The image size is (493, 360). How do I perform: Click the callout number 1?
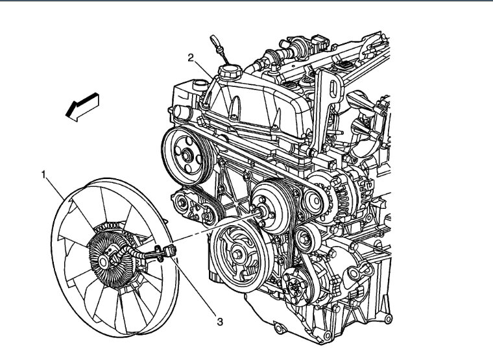tap(44, 174)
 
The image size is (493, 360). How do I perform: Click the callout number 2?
tap(191, 58)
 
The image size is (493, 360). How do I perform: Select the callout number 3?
tap(220, 322)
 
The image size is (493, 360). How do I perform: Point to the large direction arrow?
tap(82, 107)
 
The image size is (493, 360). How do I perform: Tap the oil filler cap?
tap(230, 72)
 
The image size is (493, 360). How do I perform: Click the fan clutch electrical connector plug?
tap(171, 250)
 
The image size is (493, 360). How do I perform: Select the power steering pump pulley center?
tap(187, 156)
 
